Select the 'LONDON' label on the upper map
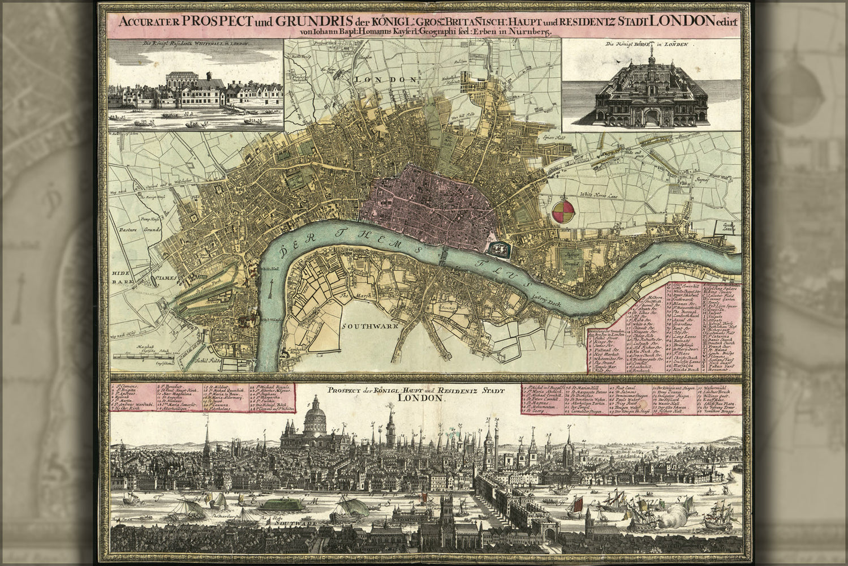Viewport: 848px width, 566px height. click(377, 80)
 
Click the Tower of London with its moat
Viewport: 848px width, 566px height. click(498, 248)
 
